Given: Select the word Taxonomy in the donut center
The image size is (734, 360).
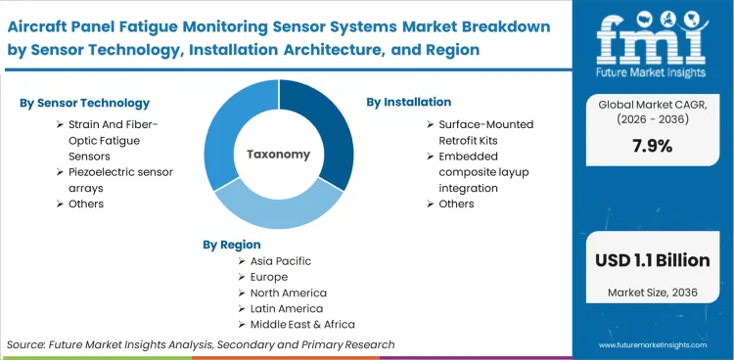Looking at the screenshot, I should pos(278,154).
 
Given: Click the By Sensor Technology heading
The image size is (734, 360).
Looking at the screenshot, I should pos(84,103).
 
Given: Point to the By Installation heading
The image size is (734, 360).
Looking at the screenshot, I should pos(408,102).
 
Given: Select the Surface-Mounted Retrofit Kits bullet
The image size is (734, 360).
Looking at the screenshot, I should pos(485,132).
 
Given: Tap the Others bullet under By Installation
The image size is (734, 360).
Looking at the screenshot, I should pos(456,203).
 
